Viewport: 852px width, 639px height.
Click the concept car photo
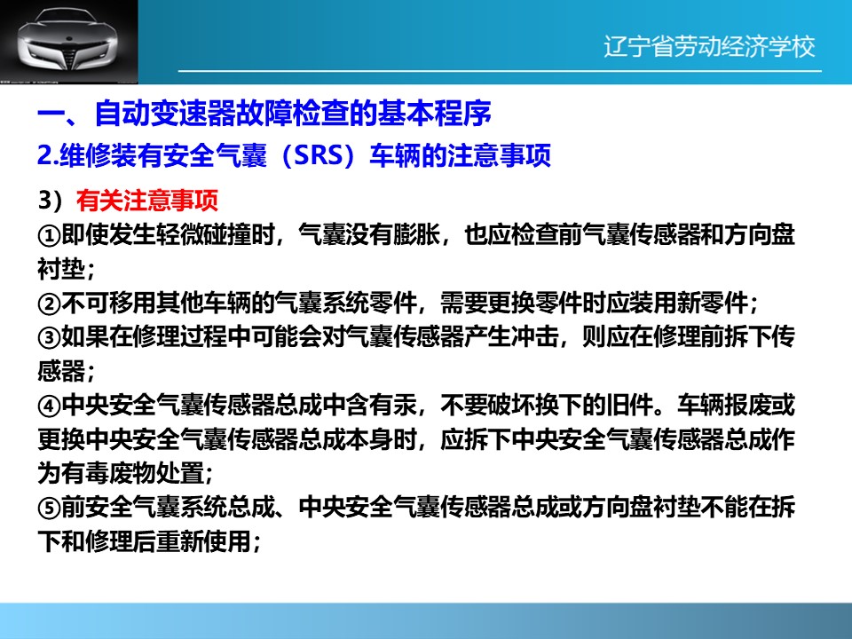69,42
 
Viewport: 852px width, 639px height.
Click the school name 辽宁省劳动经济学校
710,47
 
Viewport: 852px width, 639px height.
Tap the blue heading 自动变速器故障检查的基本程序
293,113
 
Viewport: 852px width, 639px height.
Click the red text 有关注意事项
147,201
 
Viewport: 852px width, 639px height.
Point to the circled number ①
49,235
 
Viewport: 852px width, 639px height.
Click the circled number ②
49,304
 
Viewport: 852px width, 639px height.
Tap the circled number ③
49,338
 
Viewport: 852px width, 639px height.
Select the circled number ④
49,406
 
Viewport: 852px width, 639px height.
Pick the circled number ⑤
49,508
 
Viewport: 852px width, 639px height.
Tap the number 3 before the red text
44,201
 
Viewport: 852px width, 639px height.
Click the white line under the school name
500,71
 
